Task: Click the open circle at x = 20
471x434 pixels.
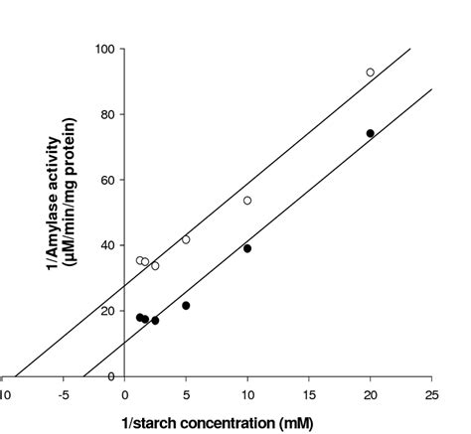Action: coord(370,72)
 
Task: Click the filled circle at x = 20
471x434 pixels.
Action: coord(370,133)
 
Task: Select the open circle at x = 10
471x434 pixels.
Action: coord(247,201)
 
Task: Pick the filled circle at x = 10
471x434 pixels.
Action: coord(247,248)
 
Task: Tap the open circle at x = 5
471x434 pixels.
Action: coord(186,239)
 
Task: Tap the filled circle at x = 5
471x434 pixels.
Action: coord(186,305)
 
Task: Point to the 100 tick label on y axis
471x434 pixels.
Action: coord(104,48)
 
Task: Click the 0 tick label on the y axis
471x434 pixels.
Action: coord(110,375)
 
